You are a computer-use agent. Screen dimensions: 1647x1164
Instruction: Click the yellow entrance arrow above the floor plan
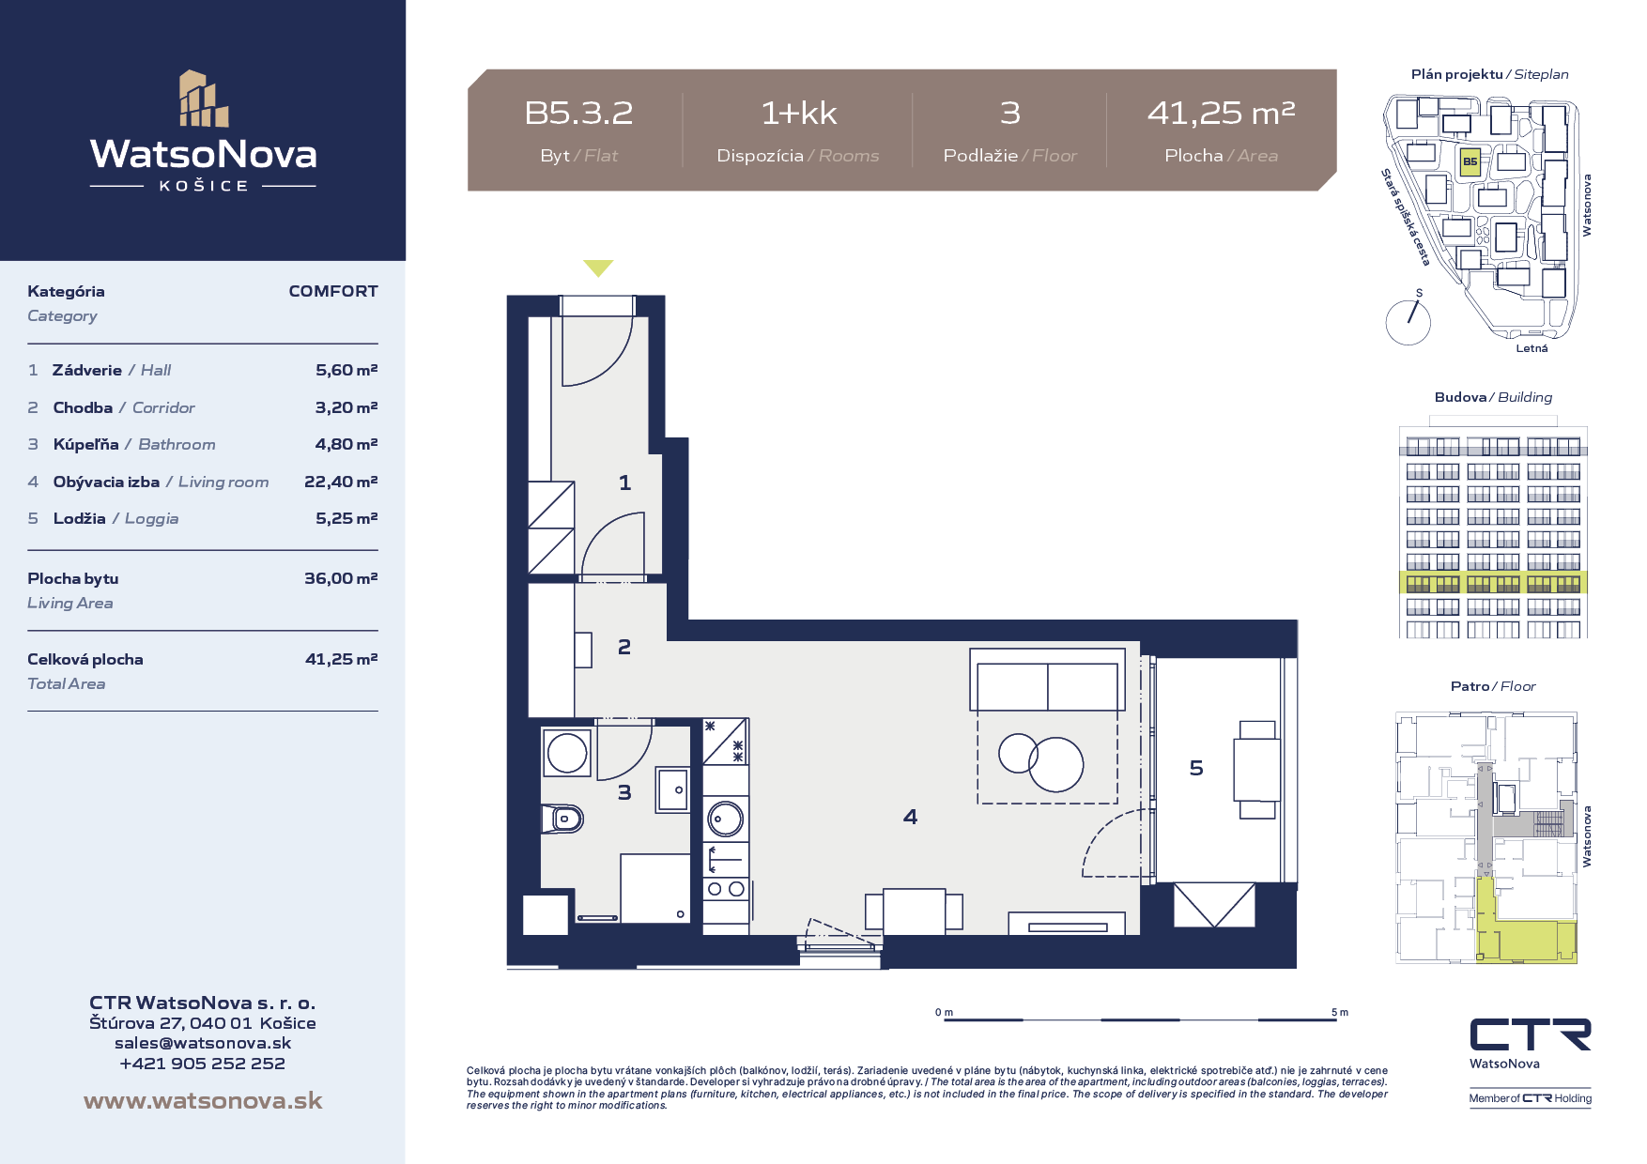(x=598, y=268)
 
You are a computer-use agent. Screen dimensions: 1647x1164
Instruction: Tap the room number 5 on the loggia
(x=1196, y=768)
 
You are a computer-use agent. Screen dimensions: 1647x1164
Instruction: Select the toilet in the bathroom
(x=562, y=819)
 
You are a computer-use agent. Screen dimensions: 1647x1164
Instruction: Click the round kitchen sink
(x=725, y=819)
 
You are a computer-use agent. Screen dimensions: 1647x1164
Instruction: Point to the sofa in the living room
(x=1047, y=680)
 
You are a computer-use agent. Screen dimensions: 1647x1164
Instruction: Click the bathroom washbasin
(x=673, y=789)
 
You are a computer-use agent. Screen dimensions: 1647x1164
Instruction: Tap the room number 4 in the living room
(x=910, y=817)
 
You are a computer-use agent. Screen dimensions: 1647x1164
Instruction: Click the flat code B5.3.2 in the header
(x=578, y=113)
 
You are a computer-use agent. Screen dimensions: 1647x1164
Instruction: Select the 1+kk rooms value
(x=798, y=113)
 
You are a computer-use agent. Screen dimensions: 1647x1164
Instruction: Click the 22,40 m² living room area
(x=341, y=482)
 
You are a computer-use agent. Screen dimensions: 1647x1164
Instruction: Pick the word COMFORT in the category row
(x=333, y=291)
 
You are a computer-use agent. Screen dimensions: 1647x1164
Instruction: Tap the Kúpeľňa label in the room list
(x=85, y=444)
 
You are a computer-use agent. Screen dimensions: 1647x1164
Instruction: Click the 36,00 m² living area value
(x=341, y=578)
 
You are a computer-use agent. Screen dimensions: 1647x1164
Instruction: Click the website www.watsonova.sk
(x=203, y=1100)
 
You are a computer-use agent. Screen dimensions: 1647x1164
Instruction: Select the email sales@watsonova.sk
(x=203, y=1043)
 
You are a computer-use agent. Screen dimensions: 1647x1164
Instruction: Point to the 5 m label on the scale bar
(x=1340, y=1012)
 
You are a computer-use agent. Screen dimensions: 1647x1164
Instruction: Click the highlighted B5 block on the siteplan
(x=1470, y=161)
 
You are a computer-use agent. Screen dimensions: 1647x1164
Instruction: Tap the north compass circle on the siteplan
(x=1408, y=322)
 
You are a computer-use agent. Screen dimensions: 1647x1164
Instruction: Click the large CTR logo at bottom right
(x=1531, y=1034)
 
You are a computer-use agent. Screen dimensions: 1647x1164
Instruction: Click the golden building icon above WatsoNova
(x=204, y=99)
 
